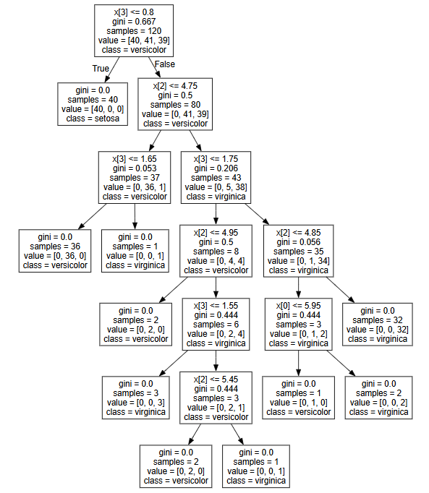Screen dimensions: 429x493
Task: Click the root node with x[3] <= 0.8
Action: click(134, 31)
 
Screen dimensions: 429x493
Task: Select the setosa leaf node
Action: click(93, 104)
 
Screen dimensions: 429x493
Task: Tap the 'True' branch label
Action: click(101, 69)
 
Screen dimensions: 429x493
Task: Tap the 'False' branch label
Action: click(165, 64)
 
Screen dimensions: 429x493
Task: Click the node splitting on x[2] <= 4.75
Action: click(175, 104)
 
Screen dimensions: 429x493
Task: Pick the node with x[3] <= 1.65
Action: click(135, 177)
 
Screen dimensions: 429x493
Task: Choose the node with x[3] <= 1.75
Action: click(216, 177)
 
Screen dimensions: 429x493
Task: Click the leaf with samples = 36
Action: click(55, 251)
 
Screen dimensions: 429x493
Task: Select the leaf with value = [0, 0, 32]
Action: click(378, 325)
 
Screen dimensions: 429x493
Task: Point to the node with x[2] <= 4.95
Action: click(216, 251)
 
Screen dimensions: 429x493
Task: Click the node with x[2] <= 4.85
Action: click(298, 251)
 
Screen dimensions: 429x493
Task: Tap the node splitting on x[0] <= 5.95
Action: click(298, 324)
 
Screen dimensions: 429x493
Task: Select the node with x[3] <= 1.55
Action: click(216, 324)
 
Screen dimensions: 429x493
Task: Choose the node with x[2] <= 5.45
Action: click(216, 398)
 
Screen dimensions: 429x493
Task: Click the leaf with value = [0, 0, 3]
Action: click(136, 398)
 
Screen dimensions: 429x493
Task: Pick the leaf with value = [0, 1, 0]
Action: click(298, 398)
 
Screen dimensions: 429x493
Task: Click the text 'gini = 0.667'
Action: click(134, 22)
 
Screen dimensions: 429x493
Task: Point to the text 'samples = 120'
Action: click(134, 31)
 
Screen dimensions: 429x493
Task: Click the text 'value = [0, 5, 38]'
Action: click(216, 187)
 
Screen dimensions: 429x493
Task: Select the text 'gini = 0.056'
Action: click(298, 241)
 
